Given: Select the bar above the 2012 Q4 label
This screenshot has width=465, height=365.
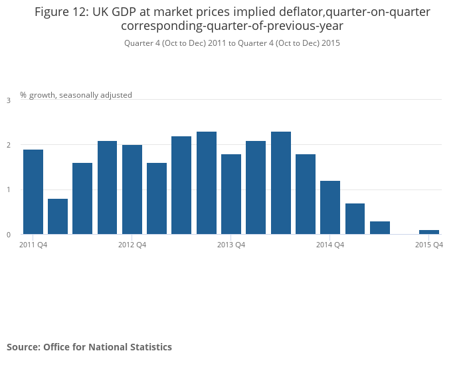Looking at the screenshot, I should pos(132,189).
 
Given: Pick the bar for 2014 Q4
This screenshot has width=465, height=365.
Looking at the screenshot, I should pos(330,207).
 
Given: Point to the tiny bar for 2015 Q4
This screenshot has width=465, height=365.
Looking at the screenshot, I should pos(429,232).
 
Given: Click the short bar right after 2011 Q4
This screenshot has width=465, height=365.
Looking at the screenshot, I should pos(58,216).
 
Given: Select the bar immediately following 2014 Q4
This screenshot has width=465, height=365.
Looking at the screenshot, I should pos(355,219).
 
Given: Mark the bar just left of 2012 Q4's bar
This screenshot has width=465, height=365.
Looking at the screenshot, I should pos(108,187).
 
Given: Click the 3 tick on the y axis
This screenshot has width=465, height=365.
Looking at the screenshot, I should pos(9,100).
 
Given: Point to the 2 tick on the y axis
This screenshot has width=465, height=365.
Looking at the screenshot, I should pos(9,145).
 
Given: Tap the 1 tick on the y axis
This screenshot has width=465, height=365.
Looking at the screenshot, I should pos(9,190).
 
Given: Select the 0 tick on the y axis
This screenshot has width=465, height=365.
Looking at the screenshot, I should pos(9,235).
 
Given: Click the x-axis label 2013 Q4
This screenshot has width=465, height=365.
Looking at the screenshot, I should pos(231,245).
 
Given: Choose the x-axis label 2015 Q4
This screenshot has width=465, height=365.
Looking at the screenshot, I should pos(429,245).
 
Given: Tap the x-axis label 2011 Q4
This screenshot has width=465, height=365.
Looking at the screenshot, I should pos(33,245).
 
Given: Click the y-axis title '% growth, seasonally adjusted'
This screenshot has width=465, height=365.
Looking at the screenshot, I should pos(76,95).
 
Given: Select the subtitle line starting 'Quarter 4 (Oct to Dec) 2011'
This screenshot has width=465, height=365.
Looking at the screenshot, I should pos(232,43).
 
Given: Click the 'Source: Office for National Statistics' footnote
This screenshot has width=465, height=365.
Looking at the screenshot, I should pos(89,347).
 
